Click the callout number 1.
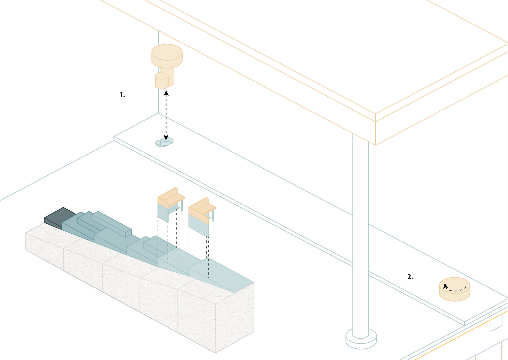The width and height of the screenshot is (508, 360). click(x=122, y=95)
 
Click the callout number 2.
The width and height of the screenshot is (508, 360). click(x=410, y=277)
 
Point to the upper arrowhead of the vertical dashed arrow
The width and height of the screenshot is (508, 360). click(x=166, y=93)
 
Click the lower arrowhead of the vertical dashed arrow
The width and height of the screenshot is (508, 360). click(x=166, y=137)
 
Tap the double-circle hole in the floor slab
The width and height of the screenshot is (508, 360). click(x=164, y=142)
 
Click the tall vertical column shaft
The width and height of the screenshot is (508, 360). click(x=361, y=236)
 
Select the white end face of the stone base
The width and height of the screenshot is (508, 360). click(x=234, y=318)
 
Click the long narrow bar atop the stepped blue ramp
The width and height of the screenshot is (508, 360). click(x=111, y=224)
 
